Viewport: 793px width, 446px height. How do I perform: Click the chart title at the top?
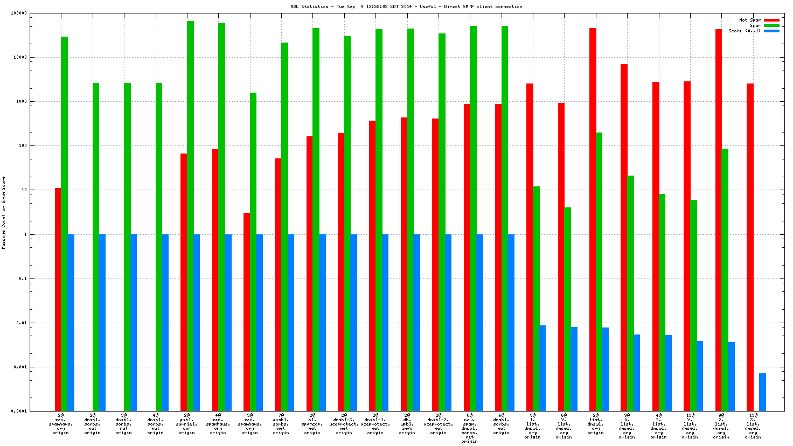tap(406, 6)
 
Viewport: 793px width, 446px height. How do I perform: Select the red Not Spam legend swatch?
tap(771, 20)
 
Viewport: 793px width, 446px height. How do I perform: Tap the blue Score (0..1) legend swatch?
tap(771, 31)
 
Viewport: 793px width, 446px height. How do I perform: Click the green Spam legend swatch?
tap(771, 26)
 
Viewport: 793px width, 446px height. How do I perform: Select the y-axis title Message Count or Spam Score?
tap(4, 213)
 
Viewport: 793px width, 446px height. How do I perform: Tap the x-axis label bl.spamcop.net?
tap(312, 424)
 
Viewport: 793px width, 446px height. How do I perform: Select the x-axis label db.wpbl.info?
tap(407, 424)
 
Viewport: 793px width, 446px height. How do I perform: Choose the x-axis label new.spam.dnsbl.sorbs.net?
tap(469, 428)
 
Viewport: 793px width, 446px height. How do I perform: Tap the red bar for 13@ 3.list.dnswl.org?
tap(750, 247)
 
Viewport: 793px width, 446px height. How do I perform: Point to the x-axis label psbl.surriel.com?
tap(187, 424)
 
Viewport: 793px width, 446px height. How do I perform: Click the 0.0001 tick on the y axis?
tap(34, 412)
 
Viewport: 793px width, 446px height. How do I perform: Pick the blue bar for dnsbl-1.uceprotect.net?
tap(385, 323)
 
